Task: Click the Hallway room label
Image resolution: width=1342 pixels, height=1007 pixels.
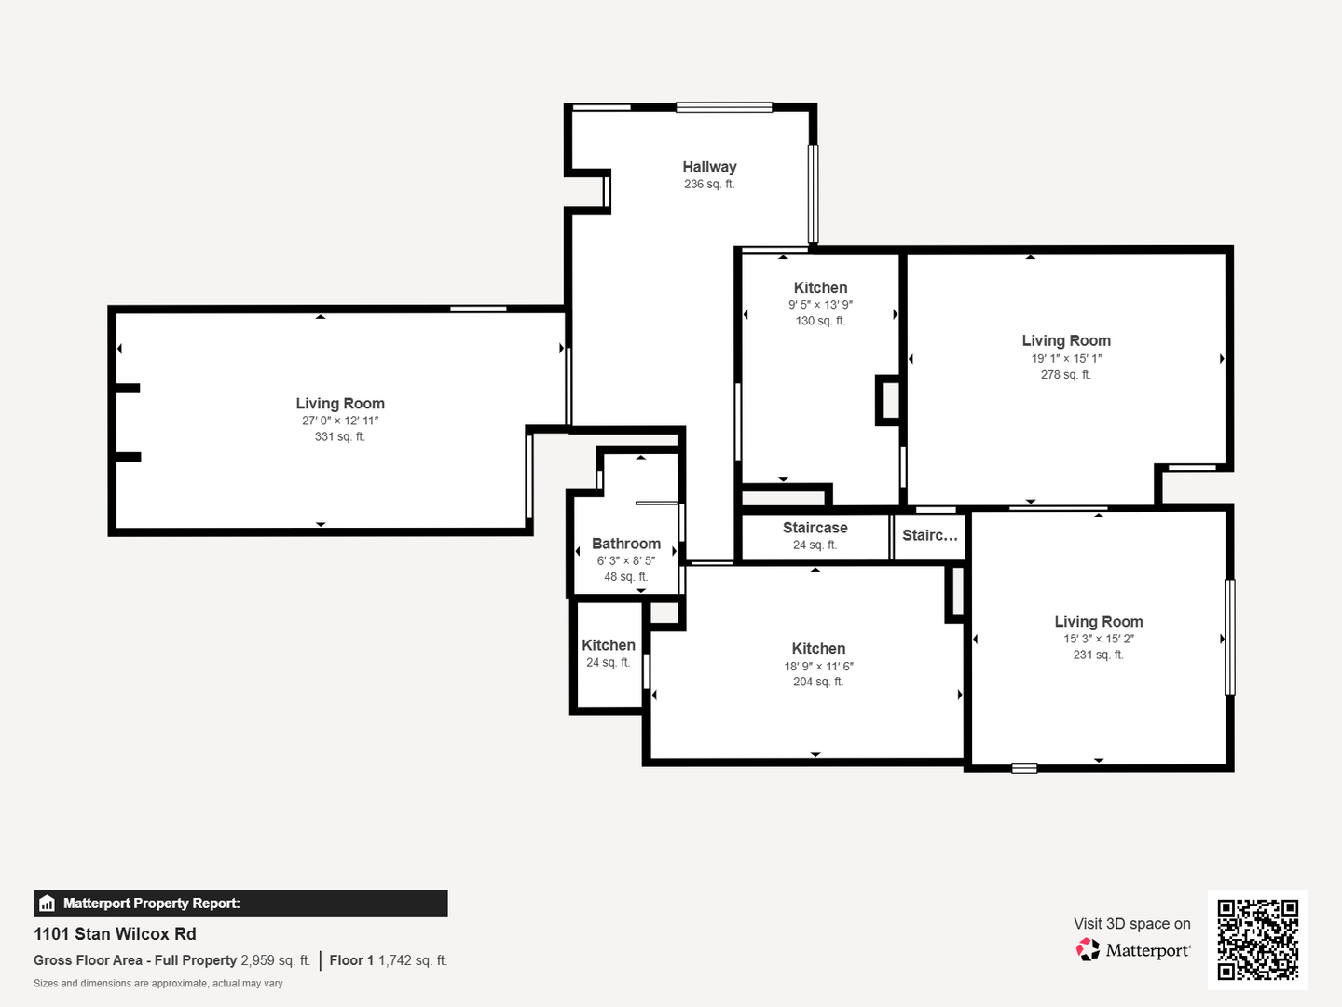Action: [709, 167]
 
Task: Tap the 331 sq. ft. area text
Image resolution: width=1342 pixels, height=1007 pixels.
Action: [340, 436]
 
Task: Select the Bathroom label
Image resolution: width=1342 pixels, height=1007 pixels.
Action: [626, 544]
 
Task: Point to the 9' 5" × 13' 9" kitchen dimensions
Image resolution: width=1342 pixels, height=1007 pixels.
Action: [820, 305]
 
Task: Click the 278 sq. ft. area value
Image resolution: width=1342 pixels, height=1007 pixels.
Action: [1065, 374]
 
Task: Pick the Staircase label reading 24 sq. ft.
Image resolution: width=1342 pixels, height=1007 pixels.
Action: [815, 528]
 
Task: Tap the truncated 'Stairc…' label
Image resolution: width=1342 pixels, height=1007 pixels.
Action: [930, 535]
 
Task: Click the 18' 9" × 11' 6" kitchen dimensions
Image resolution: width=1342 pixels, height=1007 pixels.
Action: [818, 666]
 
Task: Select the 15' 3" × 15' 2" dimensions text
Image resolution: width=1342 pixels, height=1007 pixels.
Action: [1099, 639]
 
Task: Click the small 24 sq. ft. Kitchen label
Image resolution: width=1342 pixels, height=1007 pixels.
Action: [609, 645]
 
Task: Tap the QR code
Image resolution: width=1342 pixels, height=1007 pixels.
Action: [1257, 939]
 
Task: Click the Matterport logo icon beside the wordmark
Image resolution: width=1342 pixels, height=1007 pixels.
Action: [1088, 949]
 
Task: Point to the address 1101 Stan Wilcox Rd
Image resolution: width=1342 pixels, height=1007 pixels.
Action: [115, 934]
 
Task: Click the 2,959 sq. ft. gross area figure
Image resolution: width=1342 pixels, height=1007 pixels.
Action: [275, 960]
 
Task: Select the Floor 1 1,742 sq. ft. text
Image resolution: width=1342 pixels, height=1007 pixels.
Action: [389, 960]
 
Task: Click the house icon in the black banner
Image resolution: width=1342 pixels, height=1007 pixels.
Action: [48, 904]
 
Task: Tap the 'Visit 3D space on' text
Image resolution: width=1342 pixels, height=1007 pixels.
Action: [1131, 924]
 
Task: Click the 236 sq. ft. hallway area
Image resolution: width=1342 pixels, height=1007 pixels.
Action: [709, 184]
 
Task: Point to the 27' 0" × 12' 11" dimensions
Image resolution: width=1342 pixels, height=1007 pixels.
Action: [340, 421]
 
